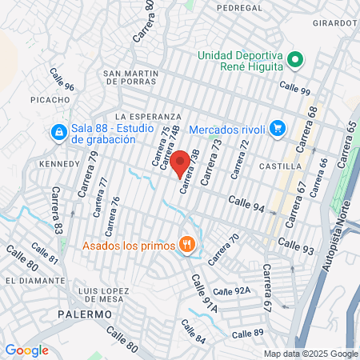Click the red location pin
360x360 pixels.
pyautogui.click(x=181, y=162)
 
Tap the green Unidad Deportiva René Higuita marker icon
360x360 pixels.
pyautogui.click(x=294, y=59)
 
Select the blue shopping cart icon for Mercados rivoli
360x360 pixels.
pyautogui.click(x=278, y=128)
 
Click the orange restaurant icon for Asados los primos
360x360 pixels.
pyautogui.click(x=187, y=244)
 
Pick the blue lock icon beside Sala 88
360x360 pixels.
pyautogui.click(x=58, y=132)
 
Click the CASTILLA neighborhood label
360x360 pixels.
pyautogui.click(x=281, y=166)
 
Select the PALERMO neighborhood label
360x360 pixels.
pyautogui.click(x=84, y=314)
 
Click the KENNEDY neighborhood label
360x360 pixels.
pyautogui.click(x=59, y=164)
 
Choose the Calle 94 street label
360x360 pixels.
pyautogui.click(x=246, y=205)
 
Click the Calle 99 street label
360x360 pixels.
pyautogui.click(x=294, y=90)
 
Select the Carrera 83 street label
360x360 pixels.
pyautogui.click(x=58, y=210)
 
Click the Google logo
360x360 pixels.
pyautogui.click(x=26, y=350)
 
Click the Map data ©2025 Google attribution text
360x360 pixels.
pyautogui.click(x=311, y=354)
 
